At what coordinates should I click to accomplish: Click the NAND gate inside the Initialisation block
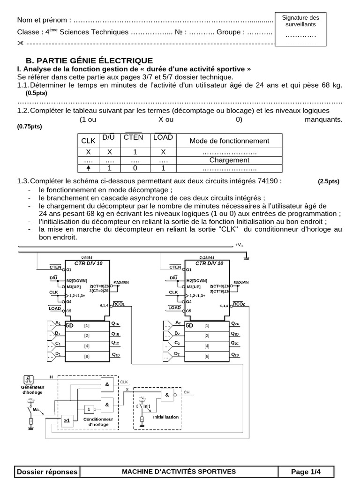[167, 395]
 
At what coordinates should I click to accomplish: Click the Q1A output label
[116, 324]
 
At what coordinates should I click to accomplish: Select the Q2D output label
[235, 355]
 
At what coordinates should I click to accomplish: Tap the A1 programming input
[58, 323]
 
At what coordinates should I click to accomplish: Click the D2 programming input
[177, 354]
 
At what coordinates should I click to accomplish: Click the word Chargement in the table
[229, 160]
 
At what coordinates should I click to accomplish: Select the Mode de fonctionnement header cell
[229, 141]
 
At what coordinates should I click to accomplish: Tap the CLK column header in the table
[88, 141]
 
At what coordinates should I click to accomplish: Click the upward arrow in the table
[88, 168]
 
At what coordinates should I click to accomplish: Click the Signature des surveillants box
[300, 28]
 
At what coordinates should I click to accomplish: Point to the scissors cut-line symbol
[20, 44]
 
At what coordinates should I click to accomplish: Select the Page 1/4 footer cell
[306, 471]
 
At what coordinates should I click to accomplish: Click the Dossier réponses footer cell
[47, 471]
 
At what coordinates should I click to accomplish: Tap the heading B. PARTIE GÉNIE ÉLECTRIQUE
[89, 60]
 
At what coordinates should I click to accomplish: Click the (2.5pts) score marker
[328, 181]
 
